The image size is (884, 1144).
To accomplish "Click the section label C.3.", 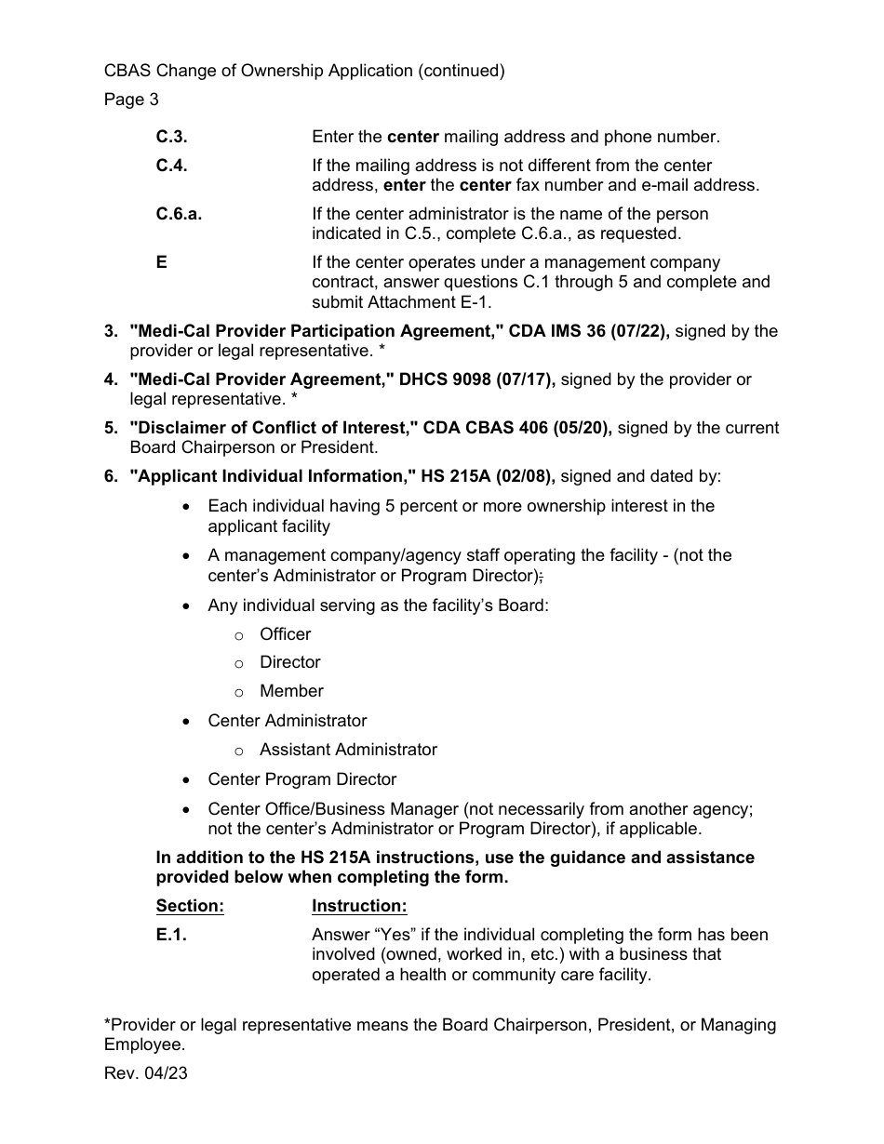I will [x=171, y=137].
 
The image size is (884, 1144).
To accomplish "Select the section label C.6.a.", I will [x=179, y=214].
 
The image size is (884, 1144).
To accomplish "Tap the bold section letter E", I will [x=162, y=262].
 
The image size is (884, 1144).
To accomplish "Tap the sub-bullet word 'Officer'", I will [x=286, y=634].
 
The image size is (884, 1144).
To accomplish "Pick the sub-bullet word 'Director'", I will [x=290, y=662].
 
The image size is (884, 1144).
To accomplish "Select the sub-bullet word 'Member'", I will [x=292, y=691].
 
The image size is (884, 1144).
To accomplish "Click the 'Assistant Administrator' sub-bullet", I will [x=348, y=750].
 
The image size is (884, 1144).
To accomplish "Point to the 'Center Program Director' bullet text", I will [x=302, y=779].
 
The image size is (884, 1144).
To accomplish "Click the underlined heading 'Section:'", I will [x=190, y=906].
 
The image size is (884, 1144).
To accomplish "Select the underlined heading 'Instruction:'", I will [x=359, y=906].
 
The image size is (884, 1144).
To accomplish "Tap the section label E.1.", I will [x=171, y=936].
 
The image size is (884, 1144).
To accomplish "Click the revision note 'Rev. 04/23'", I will [x=145, y=1073].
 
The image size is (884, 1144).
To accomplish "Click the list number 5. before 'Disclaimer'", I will [x=112, y=428].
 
